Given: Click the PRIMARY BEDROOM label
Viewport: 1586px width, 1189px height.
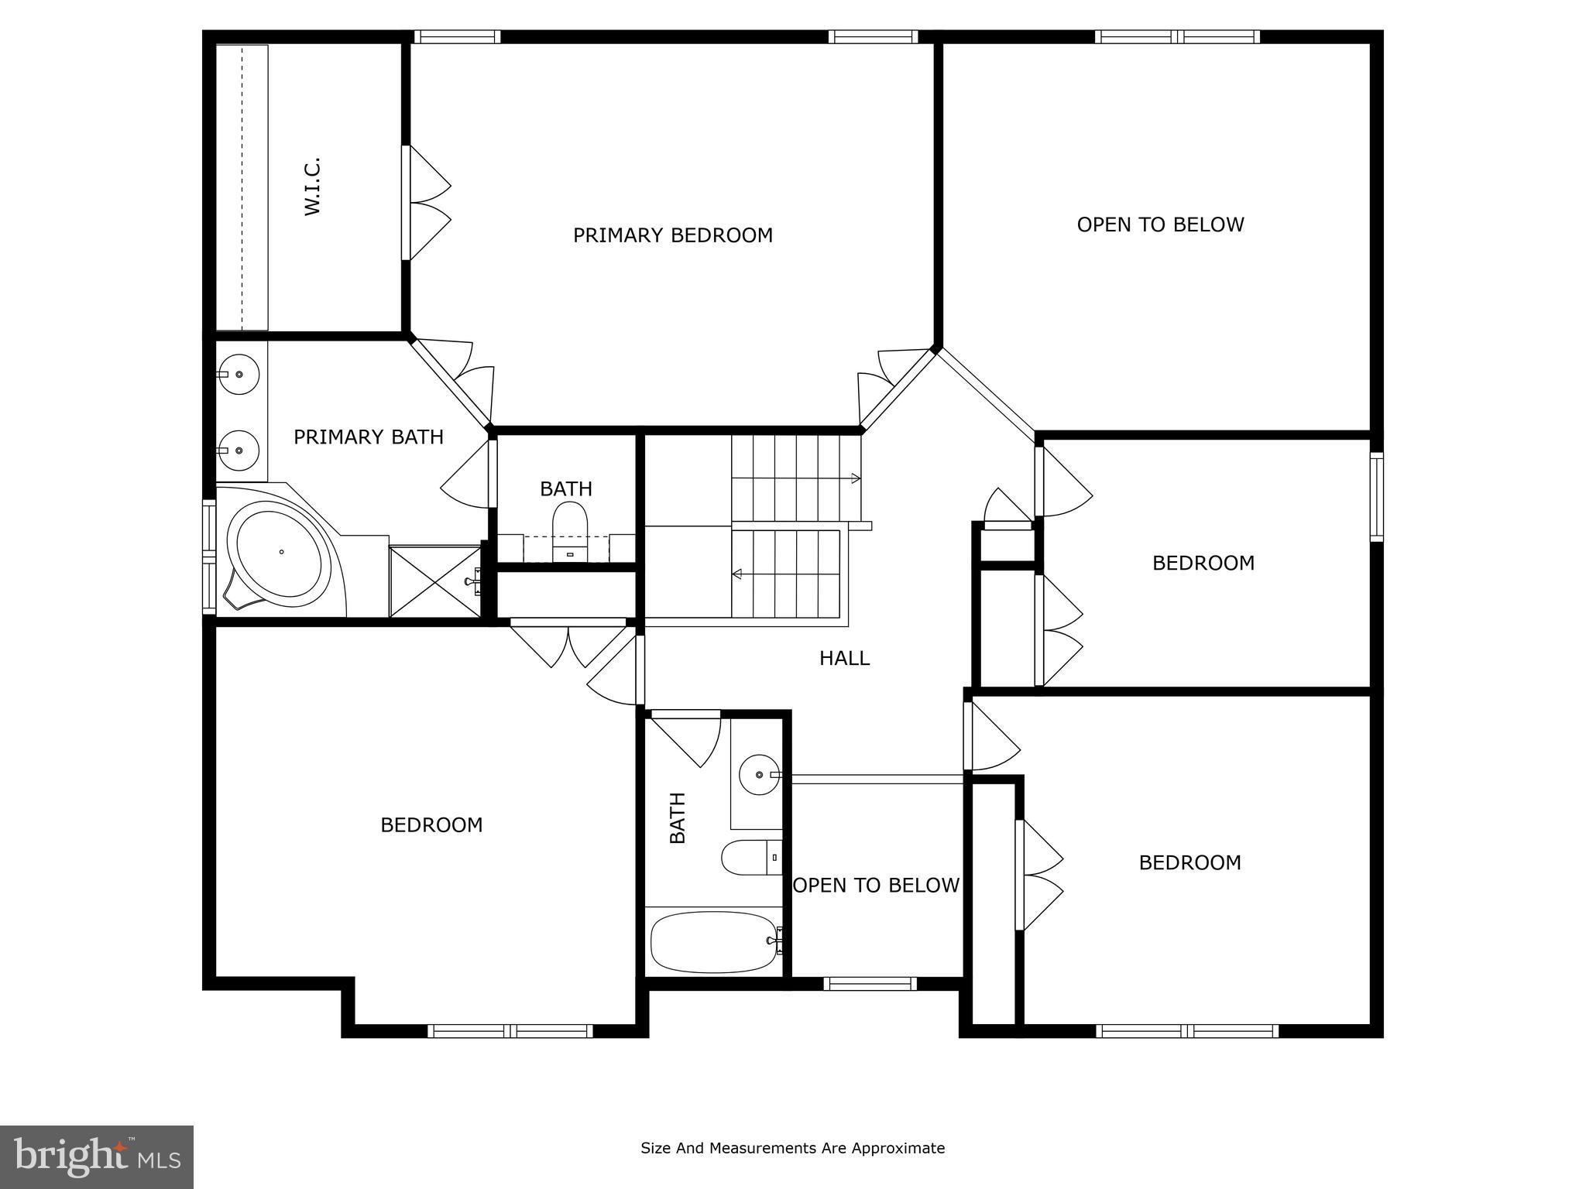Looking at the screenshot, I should (672, 235).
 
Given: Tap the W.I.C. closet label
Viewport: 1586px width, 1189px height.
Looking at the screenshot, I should (312, 187).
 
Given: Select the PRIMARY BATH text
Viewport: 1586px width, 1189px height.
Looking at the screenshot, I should (369, 437).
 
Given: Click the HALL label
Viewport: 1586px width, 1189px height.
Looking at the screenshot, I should (844, 658).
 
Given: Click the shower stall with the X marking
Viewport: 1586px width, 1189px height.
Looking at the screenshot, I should (434, 581).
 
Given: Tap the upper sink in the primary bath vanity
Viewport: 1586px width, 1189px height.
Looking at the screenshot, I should (239, 374).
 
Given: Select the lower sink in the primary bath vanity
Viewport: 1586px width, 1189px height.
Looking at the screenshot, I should (239, 450).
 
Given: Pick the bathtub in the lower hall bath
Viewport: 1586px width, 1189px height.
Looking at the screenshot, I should (712, 941).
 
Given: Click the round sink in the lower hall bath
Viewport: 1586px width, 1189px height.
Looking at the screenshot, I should (759, 773).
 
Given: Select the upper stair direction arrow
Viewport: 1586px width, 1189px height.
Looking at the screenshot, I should (855, 478).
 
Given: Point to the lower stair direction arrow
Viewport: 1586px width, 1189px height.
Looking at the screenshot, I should (737, 574).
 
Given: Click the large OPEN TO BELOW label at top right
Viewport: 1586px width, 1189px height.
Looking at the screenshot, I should (1160, 224).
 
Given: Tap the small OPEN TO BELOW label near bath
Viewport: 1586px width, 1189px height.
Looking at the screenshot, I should (876, 886).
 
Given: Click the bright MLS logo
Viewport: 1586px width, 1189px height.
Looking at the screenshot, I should (97, 1156).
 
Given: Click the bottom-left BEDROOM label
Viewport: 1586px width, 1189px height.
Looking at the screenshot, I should (431, 825).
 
